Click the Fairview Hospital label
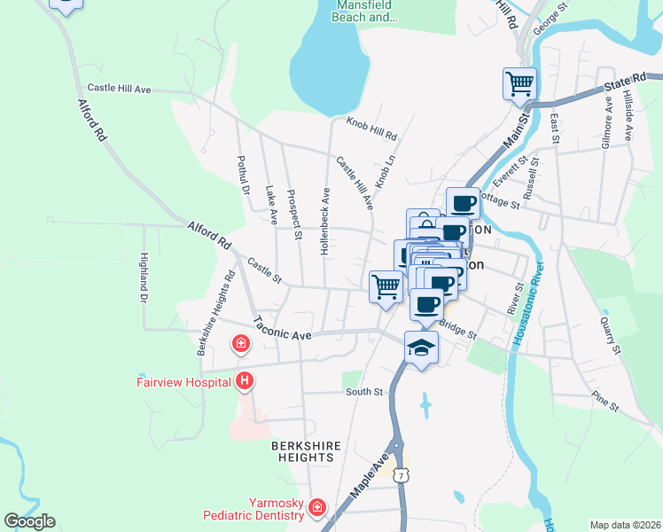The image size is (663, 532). click(183, 383)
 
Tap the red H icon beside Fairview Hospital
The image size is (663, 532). click(245, 382)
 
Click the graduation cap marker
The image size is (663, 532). click(421, 347)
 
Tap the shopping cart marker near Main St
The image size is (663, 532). click(519, 84)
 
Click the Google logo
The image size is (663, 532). click(29, 521)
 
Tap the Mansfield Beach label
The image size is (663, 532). click(364, 11)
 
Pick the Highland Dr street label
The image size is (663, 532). click(143, 278)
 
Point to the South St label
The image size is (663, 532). click(363, 391)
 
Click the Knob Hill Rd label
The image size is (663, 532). click(371, 129)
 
